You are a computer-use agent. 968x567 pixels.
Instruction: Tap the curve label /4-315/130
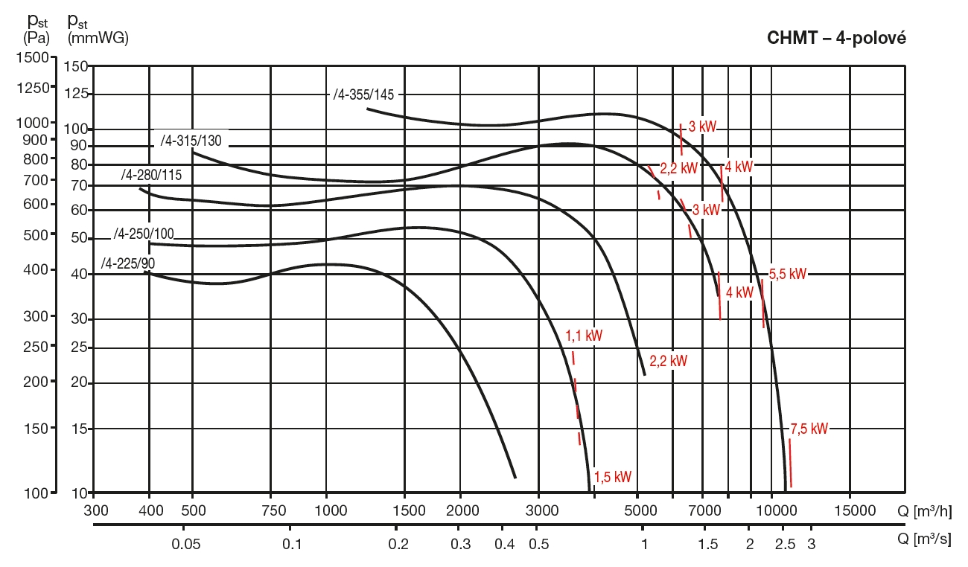191,140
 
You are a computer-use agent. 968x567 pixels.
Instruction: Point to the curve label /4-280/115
152,175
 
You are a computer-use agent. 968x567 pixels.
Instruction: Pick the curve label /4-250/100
144,234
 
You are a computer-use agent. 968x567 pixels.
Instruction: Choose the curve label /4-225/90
128,263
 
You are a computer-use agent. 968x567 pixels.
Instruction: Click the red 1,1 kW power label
584,336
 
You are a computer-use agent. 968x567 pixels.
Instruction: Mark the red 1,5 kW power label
613,477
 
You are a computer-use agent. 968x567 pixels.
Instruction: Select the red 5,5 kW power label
788,274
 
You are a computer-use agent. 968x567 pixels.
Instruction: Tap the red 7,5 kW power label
809,429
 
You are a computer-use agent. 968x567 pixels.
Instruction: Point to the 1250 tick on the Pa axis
32,88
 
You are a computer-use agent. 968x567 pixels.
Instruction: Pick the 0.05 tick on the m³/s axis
186,543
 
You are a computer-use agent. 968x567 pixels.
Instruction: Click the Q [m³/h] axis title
924,510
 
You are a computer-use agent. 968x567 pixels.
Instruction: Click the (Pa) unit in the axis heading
36,36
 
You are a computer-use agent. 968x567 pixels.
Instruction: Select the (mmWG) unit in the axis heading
98,36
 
